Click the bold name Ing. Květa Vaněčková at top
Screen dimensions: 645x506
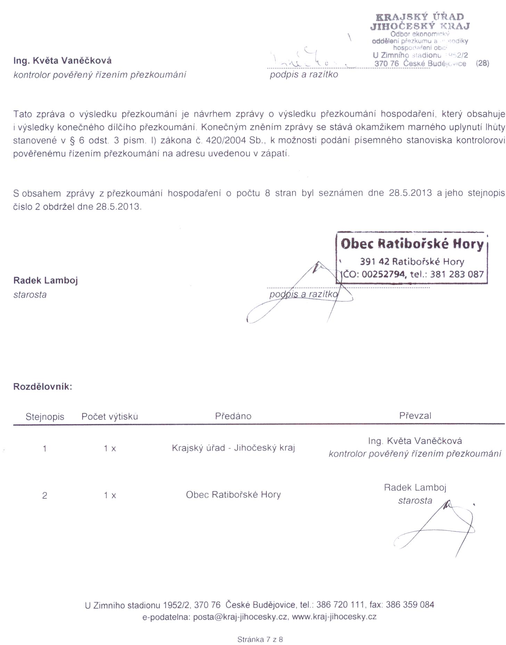click(x=63, y=61)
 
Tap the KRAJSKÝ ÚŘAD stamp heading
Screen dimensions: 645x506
click(x=420, y=17)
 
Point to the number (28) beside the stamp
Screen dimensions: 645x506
click(x=482, y=63)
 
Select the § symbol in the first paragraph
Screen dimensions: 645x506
click(x=73, y=140)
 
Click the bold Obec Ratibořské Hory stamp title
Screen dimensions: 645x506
click(x=412, y=244)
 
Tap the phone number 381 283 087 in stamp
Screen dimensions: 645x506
click(x=457, y=275)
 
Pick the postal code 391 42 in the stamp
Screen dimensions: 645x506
click(x=375, y=261)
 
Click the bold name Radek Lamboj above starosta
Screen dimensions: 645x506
click(x=46, y=280)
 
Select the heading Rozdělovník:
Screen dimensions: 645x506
click(x=43, y=387)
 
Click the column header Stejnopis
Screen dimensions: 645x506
click(x=45, y=417)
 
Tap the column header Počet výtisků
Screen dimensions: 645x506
click(x=109, y=417)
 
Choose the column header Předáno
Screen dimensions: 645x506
click(x=233, y=416)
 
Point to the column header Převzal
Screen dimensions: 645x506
click(x=415, y=416)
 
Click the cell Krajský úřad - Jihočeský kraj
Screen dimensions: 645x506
click(x=233, y=448)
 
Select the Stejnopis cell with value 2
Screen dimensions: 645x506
click(x=44, y=496)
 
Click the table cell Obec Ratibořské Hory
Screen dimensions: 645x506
click(x=233, y=495)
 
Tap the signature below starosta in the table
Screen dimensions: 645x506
click(x=438, y=528)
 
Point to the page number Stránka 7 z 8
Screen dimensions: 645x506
click(x=260, y=639)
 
